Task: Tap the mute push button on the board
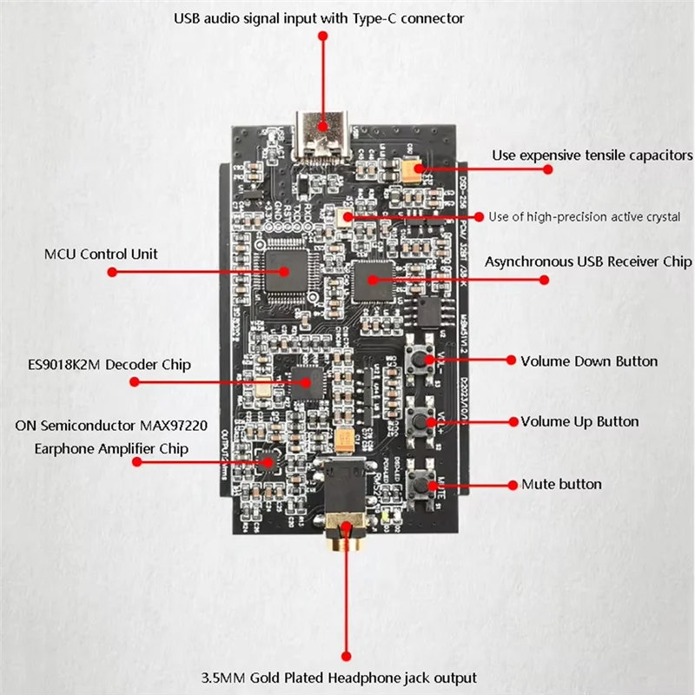(425, 483)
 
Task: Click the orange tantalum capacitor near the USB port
(411, 169)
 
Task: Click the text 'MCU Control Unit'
(102, 255)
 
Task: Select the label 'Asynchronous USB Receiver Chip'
(588, 261)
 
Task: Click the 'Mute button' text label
(561, 484)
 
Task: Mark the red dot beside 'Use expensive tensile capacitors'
(547, 169)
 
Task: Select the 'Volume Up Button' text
(579, 422)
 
